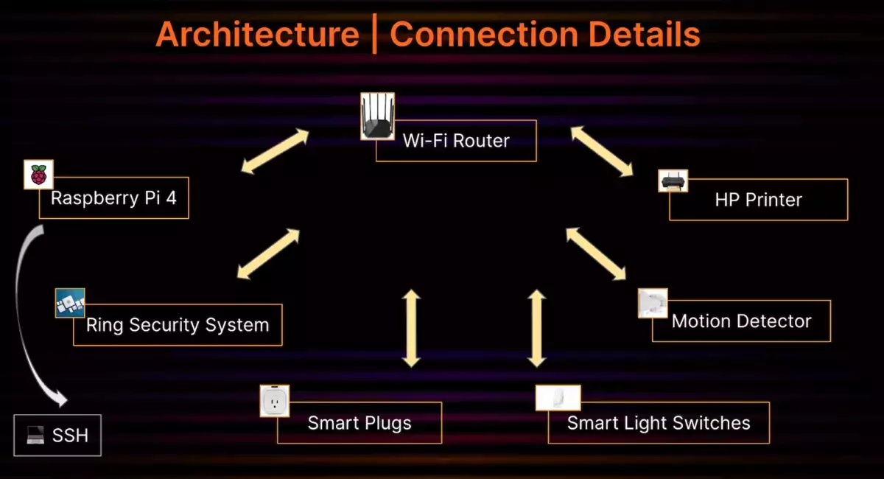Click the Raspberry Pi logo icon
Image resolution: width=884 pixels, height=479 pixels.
pos(38,175)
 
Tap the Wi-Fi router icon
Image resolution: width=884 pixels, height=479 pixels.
pos(377,116)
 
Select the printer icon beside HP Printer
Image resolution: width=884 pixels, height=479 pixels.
pos(673,181)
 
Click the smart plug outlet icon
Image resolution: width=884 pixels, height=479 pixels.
pos(275,401)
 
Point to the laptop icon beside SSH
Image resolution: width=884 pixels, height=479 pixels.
pos(35,436)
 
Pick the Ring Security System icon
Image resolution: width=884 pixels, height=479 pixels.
pos(70,304)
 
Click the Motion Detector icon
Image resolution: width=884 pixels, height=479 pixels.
pos(653,304)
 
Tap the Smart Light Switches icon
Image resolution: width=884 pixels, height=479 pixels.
pos(558,398)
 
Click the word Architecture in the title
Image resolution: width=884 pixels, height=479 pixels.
pos(257,35)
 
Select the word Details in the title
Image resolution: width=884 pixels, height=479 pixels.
pos(644,35)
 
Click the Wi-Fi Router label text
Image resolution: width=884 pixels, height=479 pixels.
pos(456,141)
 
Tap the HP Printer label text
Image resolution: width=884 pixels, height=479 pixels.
pos(759,200)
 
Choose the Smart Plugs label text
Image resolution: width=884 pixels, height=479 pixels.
pos(359,423)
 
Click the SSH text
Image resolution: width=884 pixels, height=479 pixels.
pos(70,436)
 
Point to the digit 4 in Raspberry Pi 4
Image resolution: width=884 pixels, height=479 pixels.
pos(171,197)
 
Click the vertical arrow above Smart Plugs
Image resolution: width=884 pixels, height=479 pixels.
pos(411,329)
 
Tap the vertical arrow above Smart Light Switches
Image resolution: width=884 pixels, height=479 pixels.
pos(537,329)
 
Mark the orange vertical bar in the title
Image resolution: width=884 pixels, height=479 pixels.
pos(374,34)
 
